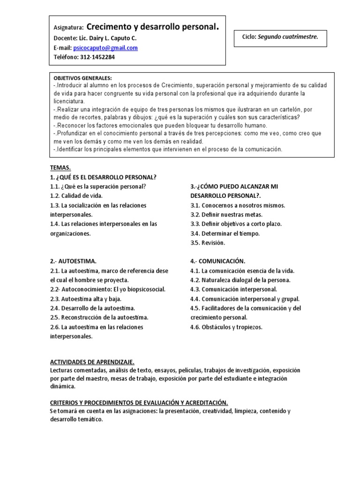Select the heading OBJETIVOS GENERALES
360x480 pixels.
pyautogui.click(x=82, y=78)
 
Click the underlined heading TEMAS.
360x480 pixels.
pyautogui.click(x=60, y=167)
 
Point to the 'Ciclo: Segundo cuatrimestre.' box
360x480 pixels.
pyautogui.click(x=280, y=37)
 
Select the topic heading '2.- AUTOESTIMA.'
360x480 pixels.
pyautogui.click(x=73, y=261)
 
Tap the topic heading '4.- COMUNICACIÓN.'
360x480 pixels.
pyautogui.click(x=217, y=261)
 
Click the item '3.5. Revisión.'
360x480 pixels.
pyautogui.click(x=208, y=242)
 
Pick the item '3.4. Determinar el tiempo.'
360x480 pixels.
pyautogui.click(x=225, y=233)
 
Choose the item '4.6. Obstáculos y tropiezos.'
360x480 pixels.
pyautogui.click(x=226, y=327)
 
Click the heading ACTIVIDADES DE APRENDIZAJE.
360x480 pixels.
pyautogui.click(x=92, y=362)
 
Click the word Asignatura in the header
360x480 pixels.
pyautogui.click(x=68, y=28)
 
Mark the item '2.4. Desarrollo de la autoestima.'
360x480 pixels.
pyautogui.click(x=92, y=308)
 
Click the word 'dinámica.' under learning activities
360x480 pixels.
pyautogui.click(x=62, y=386)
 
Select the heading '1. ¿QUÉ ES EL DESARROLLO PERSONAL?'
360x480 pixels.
pyautogui.click(x=103, y=177)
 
